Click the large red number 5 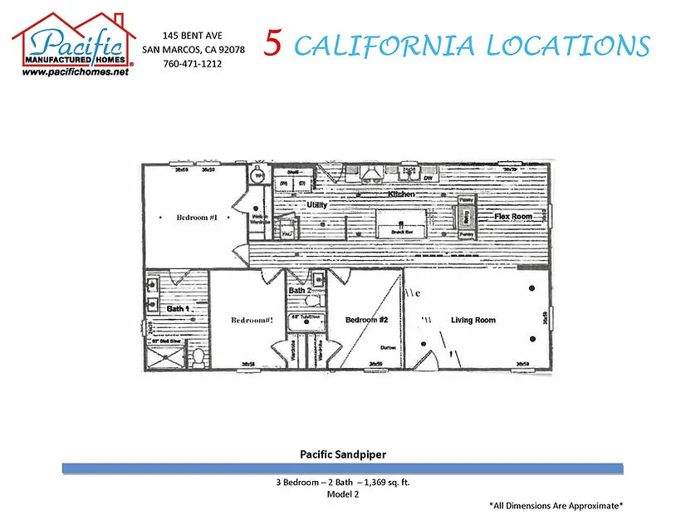tap(273, 44)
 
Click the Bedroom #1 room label tap(197, 218)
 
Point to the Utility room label tap(316, 204)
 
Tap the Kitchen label tap(400, 194)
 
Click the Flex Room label tap(512, 216)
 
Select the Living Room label tap(473, 320)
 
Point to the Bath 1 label tap(179, 308)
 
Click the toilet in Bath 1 tap(198, 358)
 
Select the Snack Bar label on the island tap(401, 232)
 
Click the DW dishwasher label tap(429, 178)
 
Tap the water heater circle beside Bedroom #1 tap(257, 176)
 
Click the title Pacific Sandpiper tap(342, 454)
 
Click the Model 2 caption tap(342, 493)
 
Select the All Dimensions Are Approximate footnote tap(556, 505)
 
